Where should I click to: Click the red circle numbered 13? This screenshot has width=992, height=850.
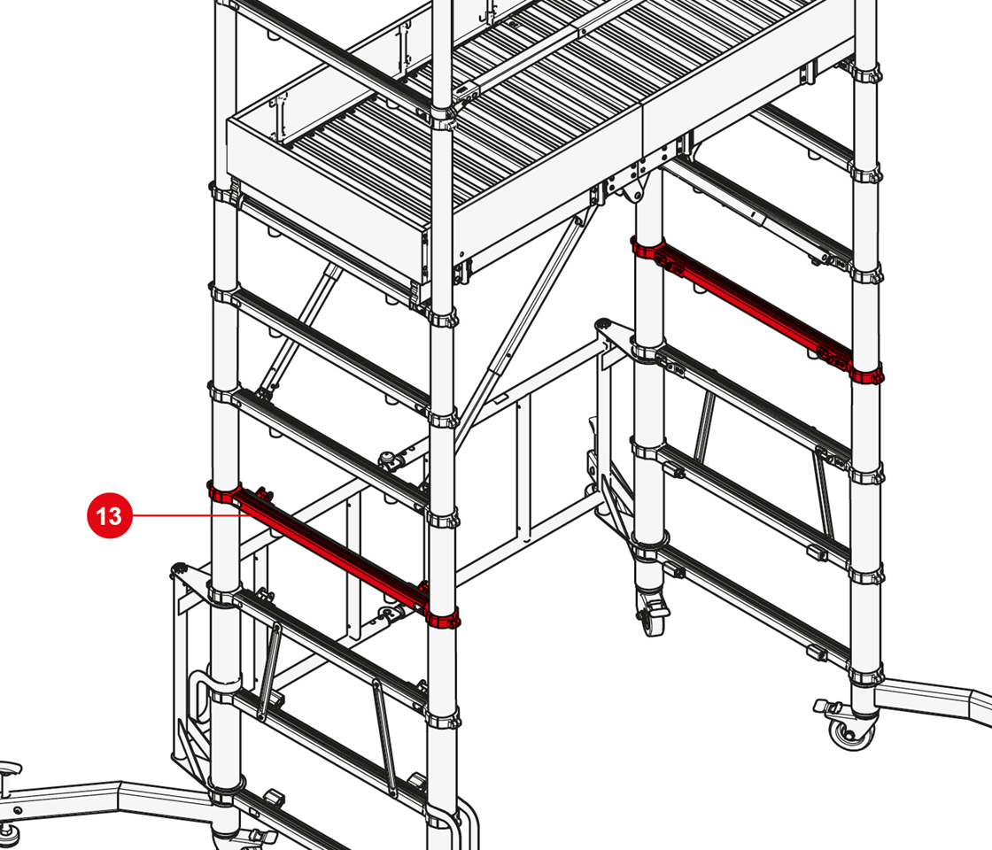coord(110,515)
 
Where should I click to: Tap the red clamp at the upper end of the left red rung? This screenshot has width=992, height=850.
coord(225,491)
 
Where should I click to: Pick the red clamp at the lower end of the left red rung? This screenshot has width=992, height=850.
coord(442,618)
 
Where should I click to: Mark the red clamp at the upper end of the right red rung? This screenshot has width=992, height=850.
coord(647,247)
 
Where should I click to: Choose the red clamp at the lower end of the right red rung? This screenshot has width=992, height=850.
coord(867,375)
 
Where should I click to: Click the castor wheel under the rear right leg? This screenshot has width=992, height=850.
coord(651,614)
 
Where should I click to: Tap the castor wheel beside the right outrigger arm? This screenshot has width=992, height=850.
coord(847,726)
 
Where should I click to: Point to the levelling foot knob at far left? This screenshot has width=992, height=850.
coord(11,770)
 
